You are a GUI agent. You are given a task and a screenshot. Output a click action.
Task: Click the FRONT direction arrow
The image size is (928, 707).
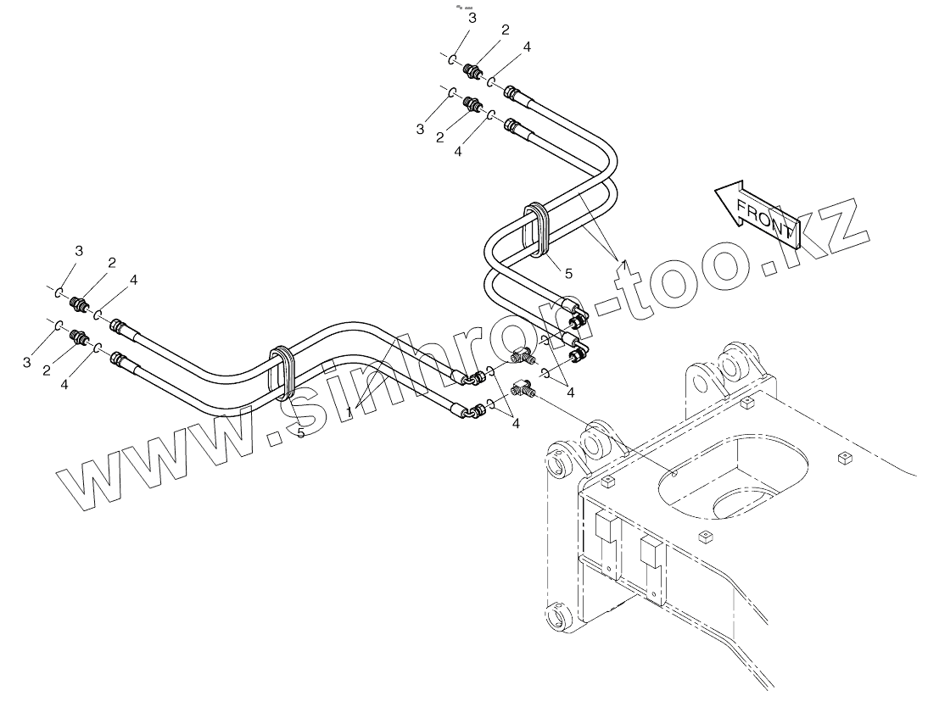pos(756,212)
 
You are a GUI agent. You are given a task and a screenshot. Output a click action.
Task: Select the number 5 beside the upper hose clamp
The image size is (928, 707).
pos(568,273)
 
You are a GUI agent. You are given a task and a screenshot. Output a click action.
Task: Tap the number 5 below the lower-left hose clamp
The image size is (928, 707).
pos(300,432)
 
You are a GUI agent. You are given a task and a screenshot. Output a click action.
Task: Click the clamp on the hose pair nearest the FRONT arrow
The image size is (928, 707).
pos(537,228)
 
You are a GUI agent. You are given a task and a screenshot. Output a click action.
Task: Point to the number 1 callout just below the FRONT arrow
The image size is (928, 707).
pos(623,265)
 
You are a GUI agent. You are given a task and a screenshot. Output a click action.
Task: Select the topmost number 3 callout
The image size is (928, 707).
pos(472,18)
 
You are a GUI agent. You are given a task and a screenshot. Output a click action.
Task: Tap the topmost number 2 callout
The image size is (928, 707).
pos(505,30)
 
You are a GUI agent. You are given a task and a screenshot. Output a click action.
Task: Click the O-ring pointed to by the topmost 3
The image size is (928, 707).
pos(455,60)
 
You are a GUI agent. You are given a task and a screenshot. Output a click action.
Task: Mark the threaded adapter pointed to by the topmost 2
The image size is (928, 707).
pos(475,69)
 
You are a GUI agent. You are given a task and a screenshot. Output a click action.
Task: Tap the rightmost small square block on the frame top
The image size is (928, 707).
pos(843,459)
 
